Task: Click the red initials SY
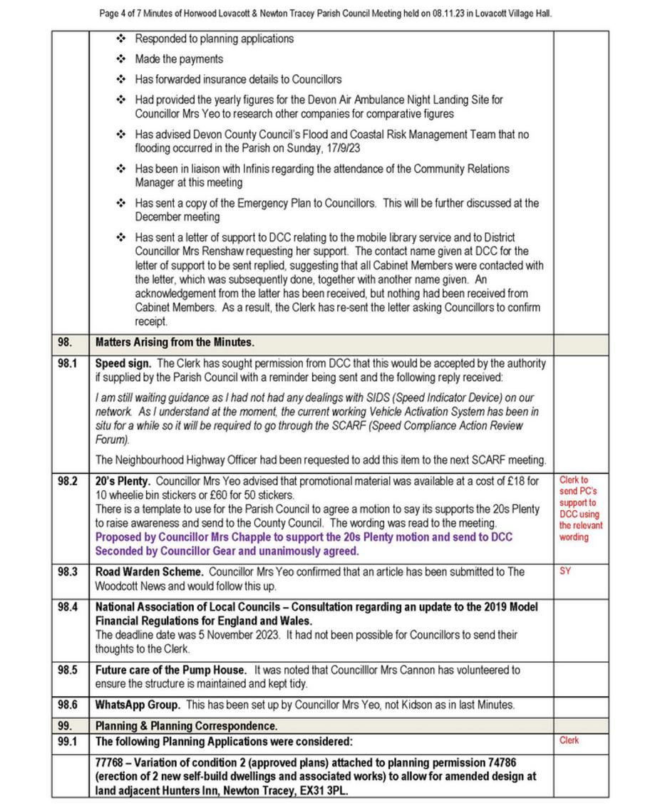pos(565,571)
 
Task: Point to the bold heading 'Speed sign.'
pos(123,363)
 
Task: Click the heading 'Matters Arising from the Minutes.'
pos(175,343)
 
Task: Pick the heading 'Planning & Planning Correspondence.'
pos(187,726)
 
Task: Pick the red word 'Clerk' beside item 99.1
pos(569,741)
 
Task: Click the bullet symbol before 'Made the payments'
pos(121,59)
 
